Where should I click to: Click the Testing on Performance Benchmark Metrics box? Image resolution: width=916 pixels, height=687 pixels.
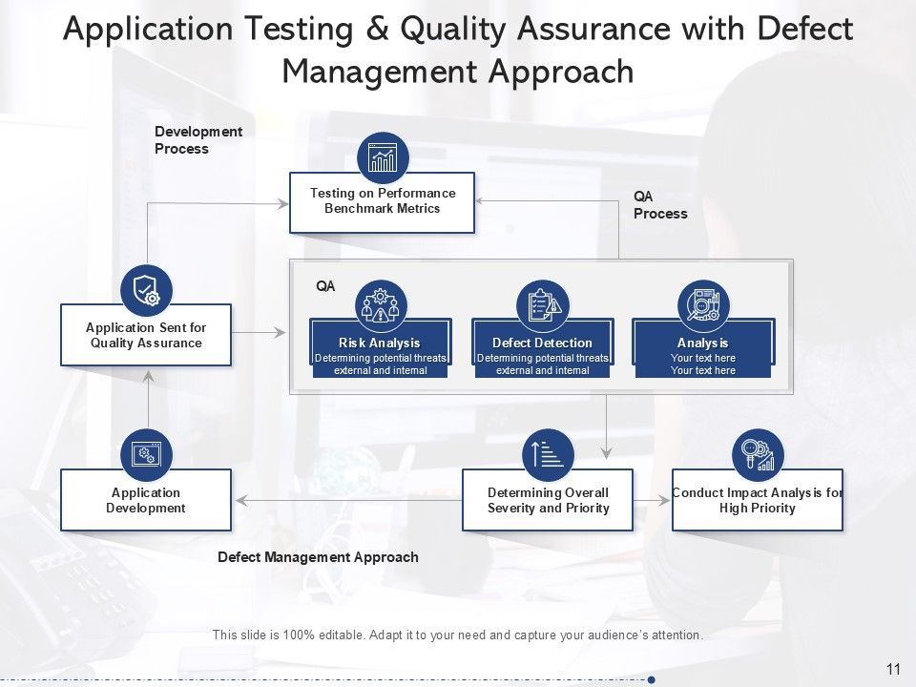(x=382, y=202)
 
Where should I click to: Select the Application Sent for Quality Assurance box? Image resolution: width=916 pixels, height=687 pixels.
(x=146, y=335)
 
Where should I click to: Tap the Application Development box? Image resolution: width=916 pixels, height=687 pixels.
(x=146, y=500)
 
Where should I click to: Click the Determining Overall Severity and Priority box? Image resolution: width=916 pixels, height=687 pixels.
(x=548, y=500)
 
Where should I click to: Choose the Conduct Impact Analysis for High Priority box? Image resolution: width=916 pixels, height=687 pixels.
(x=758, y=500)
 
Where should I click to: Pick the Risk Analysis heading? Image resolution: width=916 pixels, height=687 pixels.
(x=379, y=343)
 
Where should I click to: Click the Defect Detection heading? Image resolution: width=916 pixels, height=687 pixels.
(x=542, y=343)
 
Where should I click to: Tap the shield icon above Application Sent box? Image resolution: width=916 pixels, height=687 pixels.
(x=147, y=290)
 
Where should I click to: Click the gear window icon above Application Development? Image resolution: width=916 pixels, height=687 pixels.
(x=146, y=454)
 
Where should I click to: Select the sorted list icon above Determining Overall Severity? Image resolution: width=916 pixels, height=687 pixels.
(x=549, y=454)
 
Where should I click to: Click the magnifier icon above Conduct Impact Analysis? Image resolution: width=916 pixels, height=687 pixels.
(x=758, y=454)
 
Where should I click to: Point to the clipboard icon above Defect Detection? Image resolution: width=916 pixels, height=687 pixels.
(x=542, y=306)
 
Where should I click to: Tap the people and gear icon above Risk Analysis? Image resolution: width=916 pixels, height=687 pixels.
(x=381, y=306)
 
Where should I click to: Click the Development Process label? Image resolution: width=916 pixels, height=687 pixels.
(x=198, y=140)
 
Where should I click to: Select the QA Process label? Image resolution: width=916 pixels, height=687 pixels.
(x=659, y=205)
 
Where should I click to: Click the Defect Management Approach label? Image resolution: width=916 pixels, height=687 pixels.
(x=318, y=557)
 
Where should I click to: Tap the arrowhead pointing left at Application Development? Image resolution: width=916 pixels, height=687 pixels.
(x=240, y=500)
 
